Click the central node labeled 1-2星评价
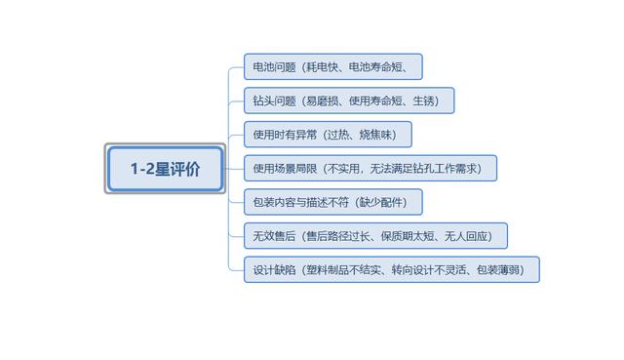pyautogui.click(x=165, y=169)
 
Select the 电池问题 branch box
pyautogui.click(x=332, y=67)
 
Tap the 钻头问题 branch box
pyautogui.click(x=349, y=100)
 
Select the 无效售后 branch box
pyautogui.click(x=375, y=235)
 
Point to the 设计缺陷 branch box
pyautogui.click(x=391, y=269)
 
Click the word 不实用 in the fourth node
pyautogui.click(x=342, y=169)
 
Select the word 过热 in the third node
pyautogui.click(x=342, y=135)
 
